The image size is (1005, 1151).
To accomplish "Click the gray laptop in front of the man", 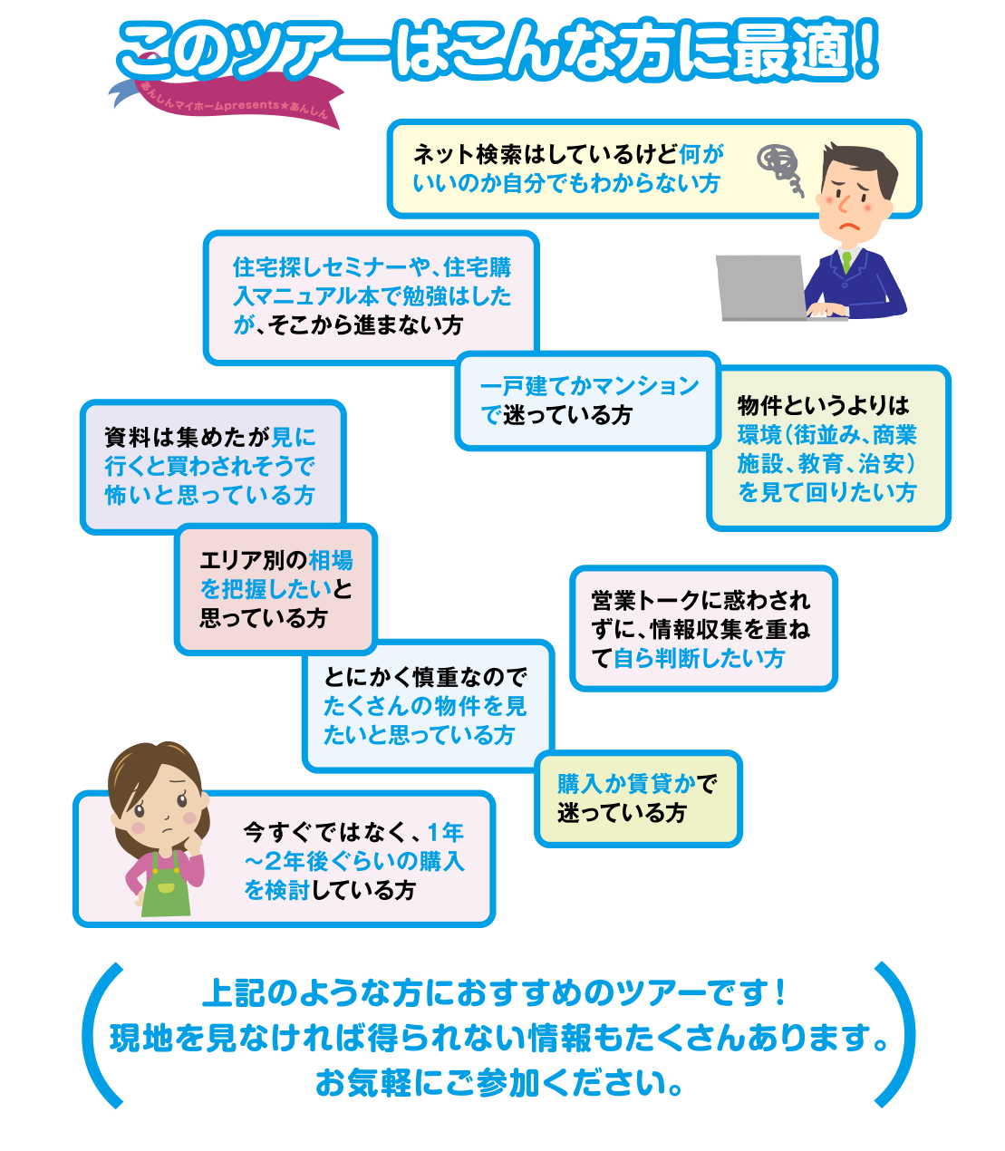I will click(761, 286).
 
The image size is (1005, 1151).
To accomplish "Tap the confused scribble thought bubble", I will click(780, 169).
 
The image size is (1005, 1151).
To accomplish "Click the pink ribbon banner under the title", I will click(227, 103).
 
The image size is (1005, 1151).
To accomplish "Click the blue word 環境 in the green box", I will click(759, 435).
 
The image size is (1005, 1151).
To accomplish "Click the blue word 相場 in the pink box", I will click(331, 560).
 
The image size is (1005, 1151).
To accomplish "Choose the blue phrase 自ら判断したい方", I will click(699, 658).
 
